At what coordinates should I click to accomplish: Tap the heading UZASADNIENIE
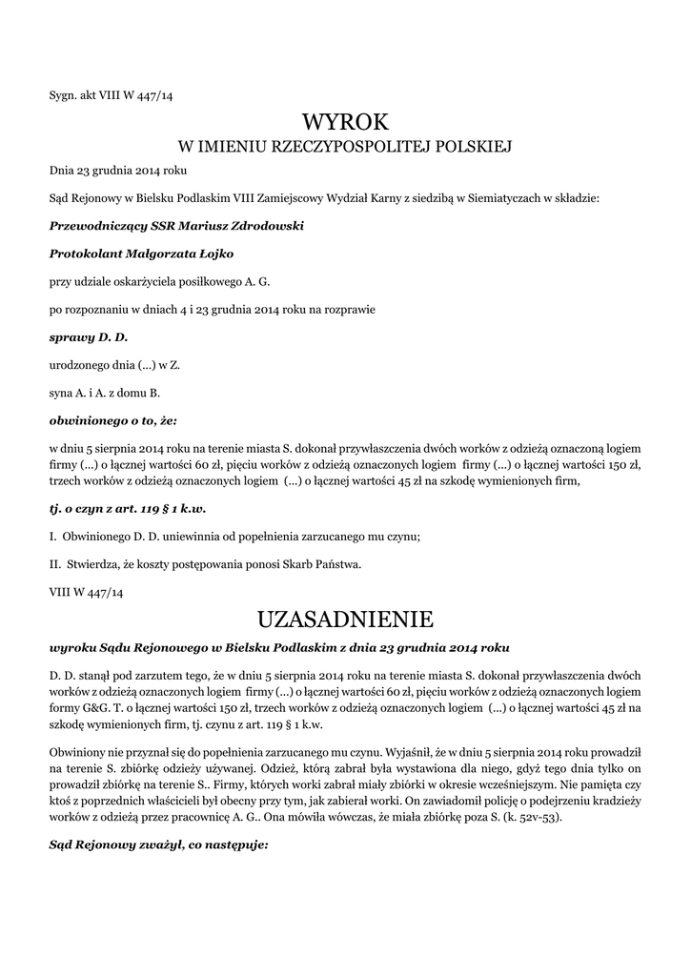[345, 620]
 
